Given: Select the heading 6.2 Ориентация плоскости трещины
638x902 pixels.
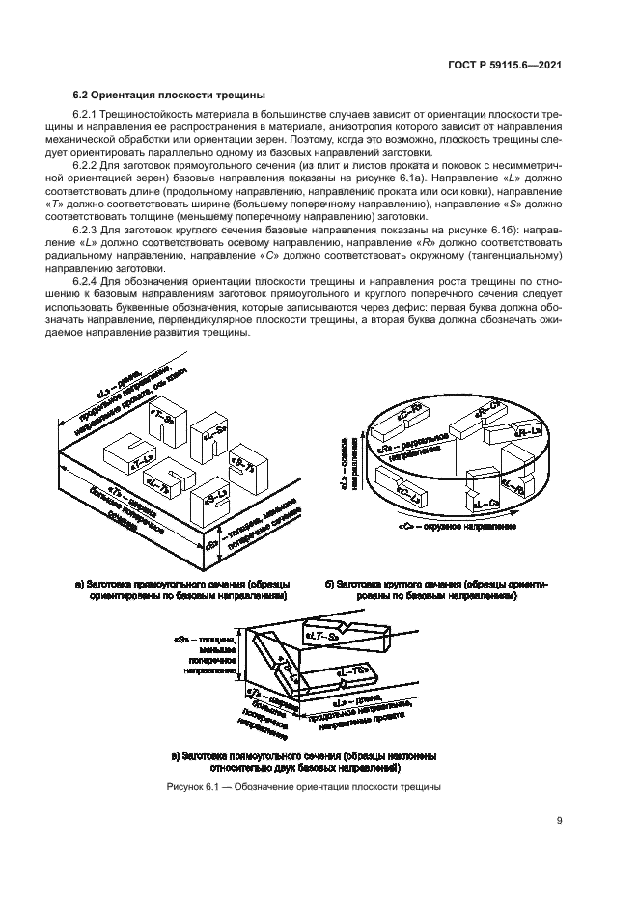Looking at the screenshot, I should [x=169, y=95].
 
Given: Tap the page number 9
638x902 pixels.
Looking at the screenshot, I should [x=560, y=821].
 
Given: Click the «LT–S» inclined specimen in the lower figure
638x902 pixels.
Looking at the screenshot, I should [x=325, y=637].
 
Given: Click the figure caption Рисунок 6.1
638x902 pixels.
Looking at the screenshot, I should [x=304, y=787].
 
